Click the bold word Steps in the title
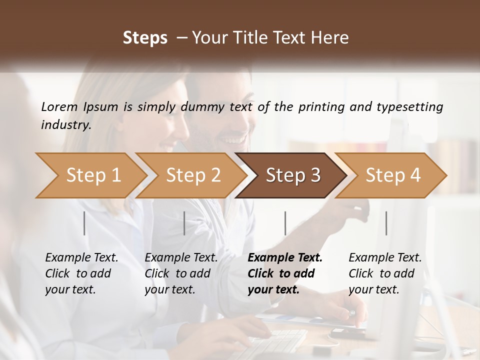(145, 38)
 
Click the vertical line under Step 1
(84, 223)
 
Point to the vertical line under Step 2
(184, 223)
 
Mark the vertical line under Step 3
(285, 223)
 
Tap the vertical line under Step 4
(386, 223)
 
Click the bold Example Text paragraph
(285, 273)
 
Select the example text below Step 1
(81, 273)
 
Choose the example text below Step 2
(181, 273)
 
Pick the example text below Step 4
(385, 273)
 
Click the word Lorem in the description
(59, 107)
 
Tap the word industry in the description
(66, 125)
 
